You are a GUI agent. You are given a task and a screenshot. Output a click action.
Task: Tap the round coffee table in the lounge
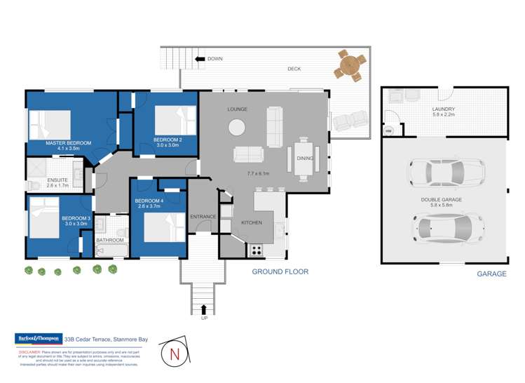point(237,127)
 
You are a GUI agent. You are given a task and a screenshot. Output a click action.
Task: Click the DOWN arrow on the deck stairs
point(200,59)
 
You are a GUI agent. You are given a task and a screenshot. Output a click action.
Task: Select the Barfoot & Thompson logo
point(39,339)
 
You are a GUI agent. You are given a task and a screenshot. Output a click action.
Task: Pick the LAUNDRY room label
point(443,109)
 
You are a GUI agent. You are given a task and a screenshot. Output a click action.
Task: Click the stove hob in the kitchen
point(256,248)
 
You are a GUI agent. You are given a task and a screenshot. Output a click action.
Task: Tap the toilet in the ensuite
point(34,185)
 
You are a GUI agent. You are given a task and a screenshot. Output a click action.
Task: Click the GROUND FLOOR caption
point(280,271)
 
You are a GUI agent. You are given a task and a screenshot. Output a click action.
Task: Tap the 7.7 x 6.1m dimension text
point(259,173)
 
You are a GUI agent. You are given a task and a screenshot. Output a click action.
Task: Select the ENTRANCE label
point(203,217)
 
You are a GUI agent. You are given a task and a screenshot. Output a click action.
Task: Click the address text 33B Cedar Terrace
point(105,340)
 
